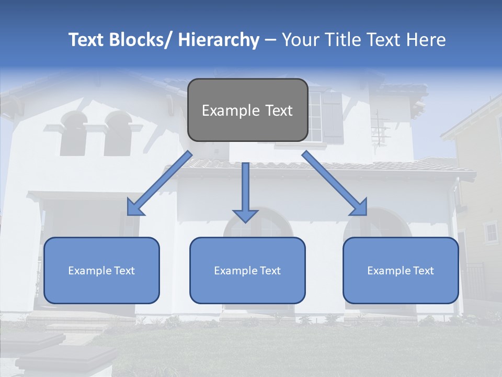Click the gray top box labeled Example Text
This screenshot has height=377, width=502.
247,110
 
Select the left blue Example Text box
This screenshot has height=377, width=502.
101,270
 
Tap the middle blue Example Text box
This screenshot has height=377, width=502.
247,270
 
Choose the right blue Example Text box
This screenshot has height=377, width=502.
401,270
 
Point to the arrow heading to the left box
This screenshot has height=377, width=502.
159,183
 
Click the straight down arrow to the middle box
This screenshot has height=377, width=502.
245,191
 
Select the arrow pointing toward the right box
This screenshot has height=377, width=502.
335,183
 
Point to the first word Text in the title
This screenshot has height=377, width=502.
86,40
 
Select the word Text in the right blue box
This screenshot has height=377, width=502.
423,271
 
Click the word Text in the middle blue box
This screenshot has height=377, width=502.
269,271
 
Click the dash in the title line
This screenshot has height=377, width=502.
270,41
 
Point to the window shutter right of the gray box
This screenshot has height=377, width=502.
332,117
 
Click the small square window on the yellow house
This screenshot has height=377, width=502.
491,232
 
